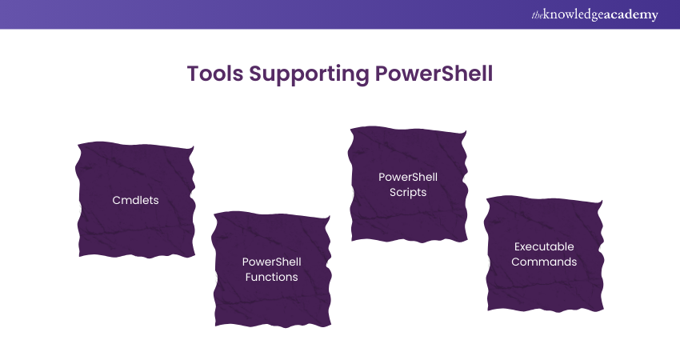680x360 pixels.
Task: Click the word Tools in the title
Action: pyautogui.click(x=215, y=74)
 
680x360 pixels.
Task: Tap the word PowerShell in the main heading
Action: pyautogui.click(x=434, y=74)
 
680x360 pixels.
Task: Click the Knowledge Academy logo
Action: pyautogui.click(x=594, y=14)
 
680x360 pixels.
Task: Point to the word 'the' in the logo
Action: pyautogui.click(x=538, y=15)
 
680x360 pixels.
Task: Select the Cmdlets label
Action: pyautogui.click(x=135, y=200)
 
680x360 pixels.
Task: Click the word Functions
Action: pyautogui.click(x=271, y=277)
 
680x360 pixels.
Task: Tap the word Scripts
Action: pyautogui.click(x=408, y=192)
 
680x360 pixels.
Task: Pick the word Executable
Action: pyautogui.click(x=544, y=246)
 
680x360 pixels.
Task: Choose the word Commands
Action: pyautogui.click(x=544, y=262)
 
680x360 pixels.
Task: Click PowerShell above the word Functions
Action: pyautogui.click(x=271, y=262)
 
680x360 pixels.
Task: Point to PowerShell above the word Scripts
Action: pyautogui.click(x=408, y=177)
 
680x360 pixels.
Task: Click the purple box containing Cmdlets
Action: pyautogui.click(x=135, y=199)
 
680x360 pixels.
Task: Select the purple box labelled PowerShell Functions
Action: pyautogui.click(x=271, y=270)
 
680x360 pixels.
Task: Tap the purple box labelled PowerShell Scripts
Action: pyautogui.click(x=408, y=184)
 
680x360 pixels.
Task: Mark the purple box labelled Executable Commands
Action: pyautogui.click(x=544, y=254)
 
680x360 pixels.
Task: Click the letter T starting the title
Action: pyautogui.click(x=193, y=74)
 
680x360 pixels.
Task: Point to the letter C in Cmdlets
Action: pyautogui.click(x=116, y=200)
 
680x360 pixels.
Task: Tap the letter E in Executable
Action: pyautogui.click(x=518, y=246)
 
